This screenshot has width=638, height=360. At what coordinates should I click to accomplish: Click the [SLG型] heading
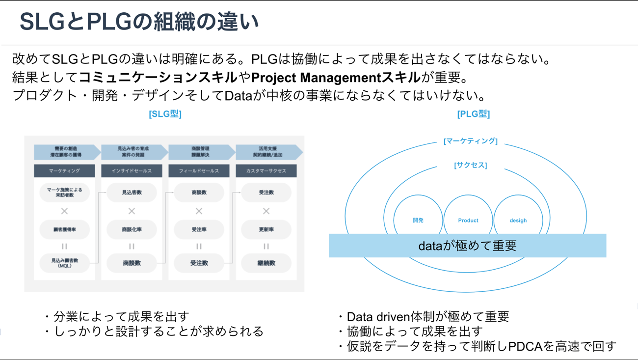point(165,114)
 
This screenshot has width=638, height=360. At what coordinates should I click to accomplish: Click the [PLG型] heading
point(473,114)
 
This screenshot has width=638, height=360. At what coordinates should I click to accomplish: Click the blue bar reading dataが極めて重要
point(467,246)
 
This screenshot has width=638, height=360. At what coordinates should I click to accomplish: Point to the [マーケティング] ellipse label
point(470,141)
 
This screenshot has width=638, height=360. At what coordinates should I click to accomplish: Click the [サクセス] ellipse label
point(470,165)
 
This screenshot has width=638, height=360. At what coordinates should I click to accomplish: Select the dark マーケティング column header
point(64,171)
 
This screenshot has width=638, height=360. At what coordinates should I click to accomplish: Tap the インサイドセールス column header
point(132,171)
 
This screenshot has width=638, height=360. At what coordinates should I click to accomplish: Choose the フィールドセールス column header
point(199,171)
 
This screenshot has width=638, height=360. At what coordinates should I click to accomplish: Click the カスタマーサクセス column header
point(266,171)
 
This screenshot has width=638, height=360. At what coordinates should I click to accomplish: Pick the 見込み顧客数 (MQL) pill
point(64,263)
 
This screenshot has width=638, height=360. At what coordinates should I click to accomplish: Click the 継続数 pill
point(266,263)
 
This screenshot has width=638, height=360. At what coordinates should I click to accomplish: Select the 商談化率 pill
point(132,229)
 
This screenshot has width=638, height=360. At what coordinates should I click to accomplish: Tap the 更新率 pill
point(266,229)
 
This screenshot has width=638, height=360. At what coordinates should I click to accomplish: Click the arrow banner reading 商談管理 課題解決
point(200,151)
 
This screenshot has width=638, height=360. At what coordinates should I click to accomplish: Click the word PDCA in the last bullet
point(525,346)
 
